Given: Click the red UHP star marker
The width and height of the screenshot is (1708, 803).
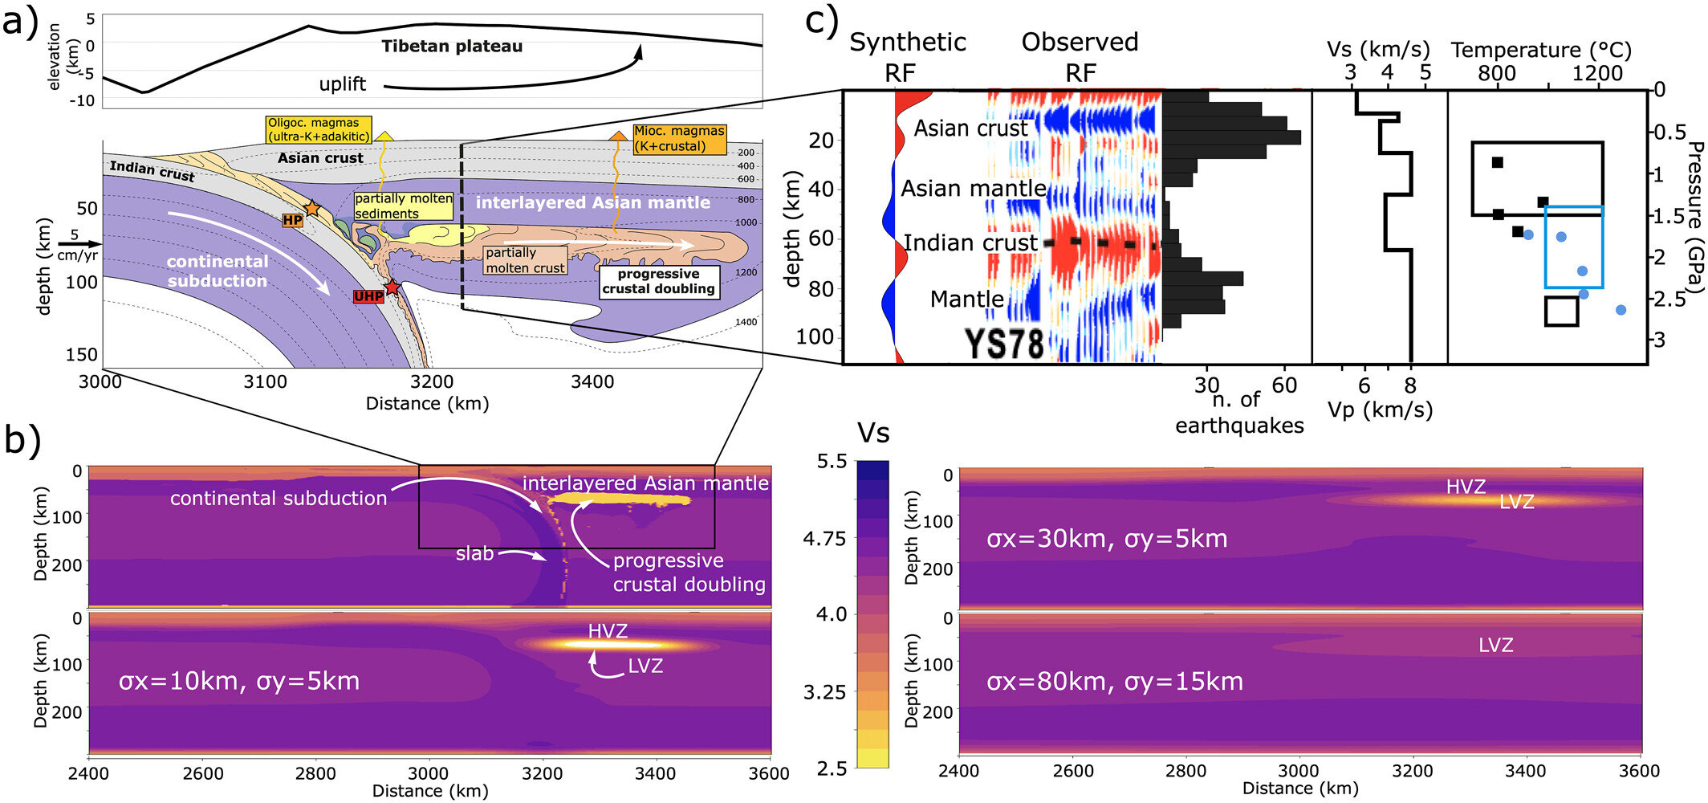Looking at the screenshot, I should [392, 287].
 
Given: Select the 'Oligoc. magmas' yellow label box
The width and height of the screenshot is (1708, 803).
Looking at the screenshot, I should [319, 130].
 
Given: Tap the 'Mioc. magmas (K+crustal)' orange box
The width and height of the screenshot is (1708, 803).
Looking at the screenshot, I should [679, 138].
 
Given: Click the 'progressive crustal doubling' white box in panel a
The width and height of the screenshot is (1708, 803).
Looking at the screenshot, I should [658, 282].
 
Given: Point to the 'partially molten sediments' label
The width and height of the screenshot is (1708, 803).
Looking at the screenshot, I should [404, 206].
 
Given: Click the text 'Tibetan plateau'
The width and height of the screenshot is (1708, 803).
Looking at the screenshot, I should [452, 47].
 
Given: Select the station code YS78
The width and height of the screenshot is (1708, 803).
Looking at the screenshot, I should [1004, 344].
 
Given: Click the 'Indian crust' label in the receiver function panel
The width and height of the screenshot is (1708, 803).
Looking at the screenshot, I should [970, 243].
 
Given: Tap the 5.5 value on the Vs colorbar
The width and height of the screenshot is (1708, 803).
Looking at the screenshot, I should [832, 462].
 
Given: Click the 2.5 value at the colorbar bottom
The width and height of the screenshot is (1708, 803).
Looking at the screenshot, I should [832, 768].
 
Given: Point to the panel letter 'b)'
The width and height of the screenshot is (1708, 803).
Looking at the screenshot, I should [22, 440].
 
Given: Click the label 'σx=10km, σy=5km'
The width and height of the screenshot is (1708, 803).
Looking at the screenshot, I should [238, 682].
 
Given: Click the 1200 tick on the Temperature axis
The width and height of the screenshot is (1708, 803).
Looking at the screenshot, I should [1596, 74].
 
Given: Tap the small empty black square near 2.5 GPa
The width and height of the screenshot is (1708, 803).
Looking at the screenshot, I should [1561, 311].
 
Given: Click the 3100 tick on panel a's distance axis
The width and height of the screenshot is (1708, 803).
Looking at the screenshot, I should [265, 382].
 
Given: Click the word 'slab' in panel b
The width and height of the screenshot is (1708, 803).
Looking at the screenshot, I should [474, 554].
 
